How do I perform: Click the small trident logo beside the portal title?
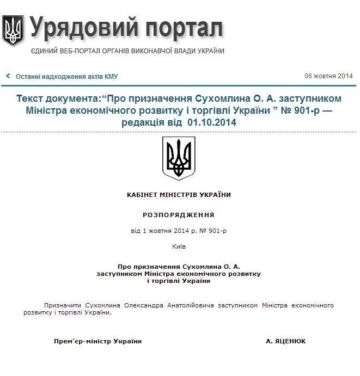(13, 30)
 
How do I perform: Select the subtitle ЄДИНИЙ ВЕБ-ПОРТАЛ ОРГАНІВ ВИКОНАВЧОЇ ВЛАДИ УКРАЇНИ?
(127, 51)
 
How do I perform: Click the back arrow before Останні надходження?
(8, 76)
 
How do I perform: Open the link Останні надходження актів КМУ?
(66, 77)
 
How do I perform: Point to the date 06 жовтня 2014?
(328, 76)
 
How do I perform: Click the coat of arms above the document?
(179, 158)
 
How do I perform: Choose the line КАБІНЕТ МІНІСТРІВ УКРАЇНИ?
(179, 195)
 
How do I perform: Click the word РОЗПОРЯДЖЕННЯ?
(179, 215)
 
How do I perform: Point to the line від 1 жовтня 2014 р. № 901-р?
(179, 231)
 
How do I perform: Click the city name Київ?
(179, 246)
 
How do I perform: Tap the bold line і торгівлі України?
(179, 281)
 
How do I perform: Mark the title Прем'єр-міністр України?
(97, 341)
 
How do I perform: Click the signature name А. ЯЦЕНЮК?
(286, 341)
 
